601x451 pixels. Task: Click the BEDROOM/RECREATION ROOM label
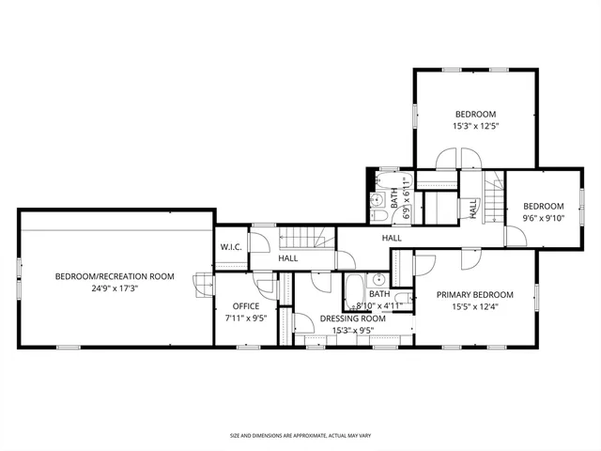pyautogui.click(x=115, y=276)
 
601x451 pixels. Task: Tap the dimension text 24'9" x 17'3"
pyautogui.click(x=115, y=288)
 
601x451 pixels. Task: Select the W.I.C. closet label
pyautogui.click(x=232, y=247)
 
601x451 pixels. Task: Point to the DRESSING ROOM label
pyautogui.click(x=353, y=319)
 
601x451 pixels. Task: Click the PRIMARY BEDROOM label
pyautogui.click(x=475, y=294)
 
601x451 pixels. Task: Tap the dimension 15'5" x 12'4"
pyautogui.click(x=475, y=306)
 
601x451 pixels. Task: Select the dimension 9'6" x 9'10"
pyautogui.click(x=543, y=219)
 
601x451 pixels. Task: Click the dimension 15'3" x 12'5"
pyautogui.click(x=475, y=126)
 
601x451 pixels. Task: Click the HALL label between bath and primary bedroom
pyautogui.click(x=392, y=239)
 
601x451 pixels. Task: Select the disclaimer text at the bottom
pyautogui.click(x=300, y=436)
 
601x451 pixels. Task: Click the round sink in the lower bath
pyautogui.click(x=376, y=279)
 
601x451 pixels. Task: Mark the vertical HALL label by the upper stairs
pyautogui.click(x=473, y=209)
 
